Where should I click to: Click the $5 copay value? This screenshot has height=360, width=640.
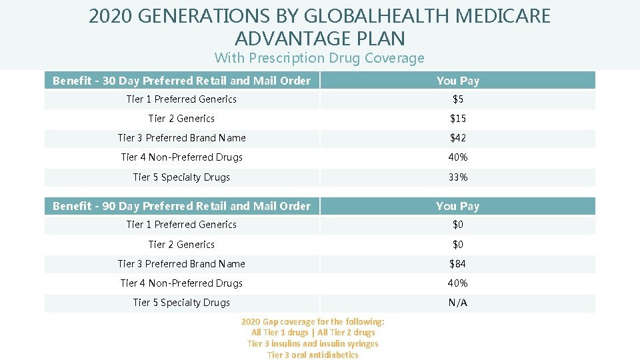(457, 99)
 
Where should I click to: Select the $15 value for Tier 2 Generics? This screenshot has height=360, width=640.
(457, 119)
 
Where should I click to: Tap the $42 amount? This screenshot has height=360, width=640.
(457, 138)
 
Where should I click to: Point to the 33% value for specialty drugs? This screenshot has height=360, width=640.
(457, 177)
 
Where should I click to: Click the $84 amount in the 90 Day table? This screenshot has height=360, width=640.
(457, 264)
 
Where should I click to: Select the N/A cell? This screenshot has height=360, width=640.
(457, 303)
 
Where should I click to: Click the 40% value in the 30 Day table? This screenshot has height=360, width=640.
(457, 157)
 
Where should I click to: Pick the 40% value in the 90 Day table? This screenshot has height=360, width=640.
(457, 283)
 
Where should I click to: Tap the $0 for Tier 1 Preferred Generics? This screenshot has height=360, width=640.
(457, 225)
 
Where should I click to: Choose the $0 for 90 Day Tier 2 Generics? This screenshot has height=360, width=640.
(457, 245)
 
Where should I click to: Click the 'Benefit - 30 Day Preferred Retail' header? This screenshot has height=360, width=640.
(181, 81)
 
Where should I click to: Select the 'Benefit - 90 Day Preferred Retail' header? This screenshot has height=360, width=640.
(181, 206)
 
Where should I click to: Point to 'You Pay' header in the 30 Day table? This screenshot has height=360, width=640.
(457, 81)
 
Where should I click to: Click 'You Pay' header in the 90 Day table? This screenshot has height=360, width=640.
(457, 206)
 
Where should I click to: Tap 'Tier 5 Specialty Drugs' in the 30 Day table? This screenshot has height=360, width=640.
(181, 177)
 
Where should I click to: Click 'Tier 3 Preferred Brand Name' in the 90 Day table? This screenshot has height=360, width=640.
(181, 264)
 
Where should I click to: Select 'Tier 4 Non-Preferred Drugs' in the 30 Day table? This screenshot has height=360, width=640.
(181, 157)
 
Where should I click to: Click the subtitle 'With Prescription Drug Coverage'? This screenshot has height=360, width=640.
(319, 58)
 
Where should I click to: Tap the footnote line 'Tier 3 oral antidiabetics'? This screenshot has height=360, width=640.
(313, 355)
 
